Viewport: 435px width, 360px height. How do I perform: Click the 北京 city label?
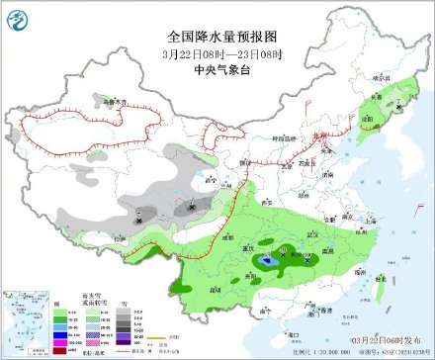click(313, 135)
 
